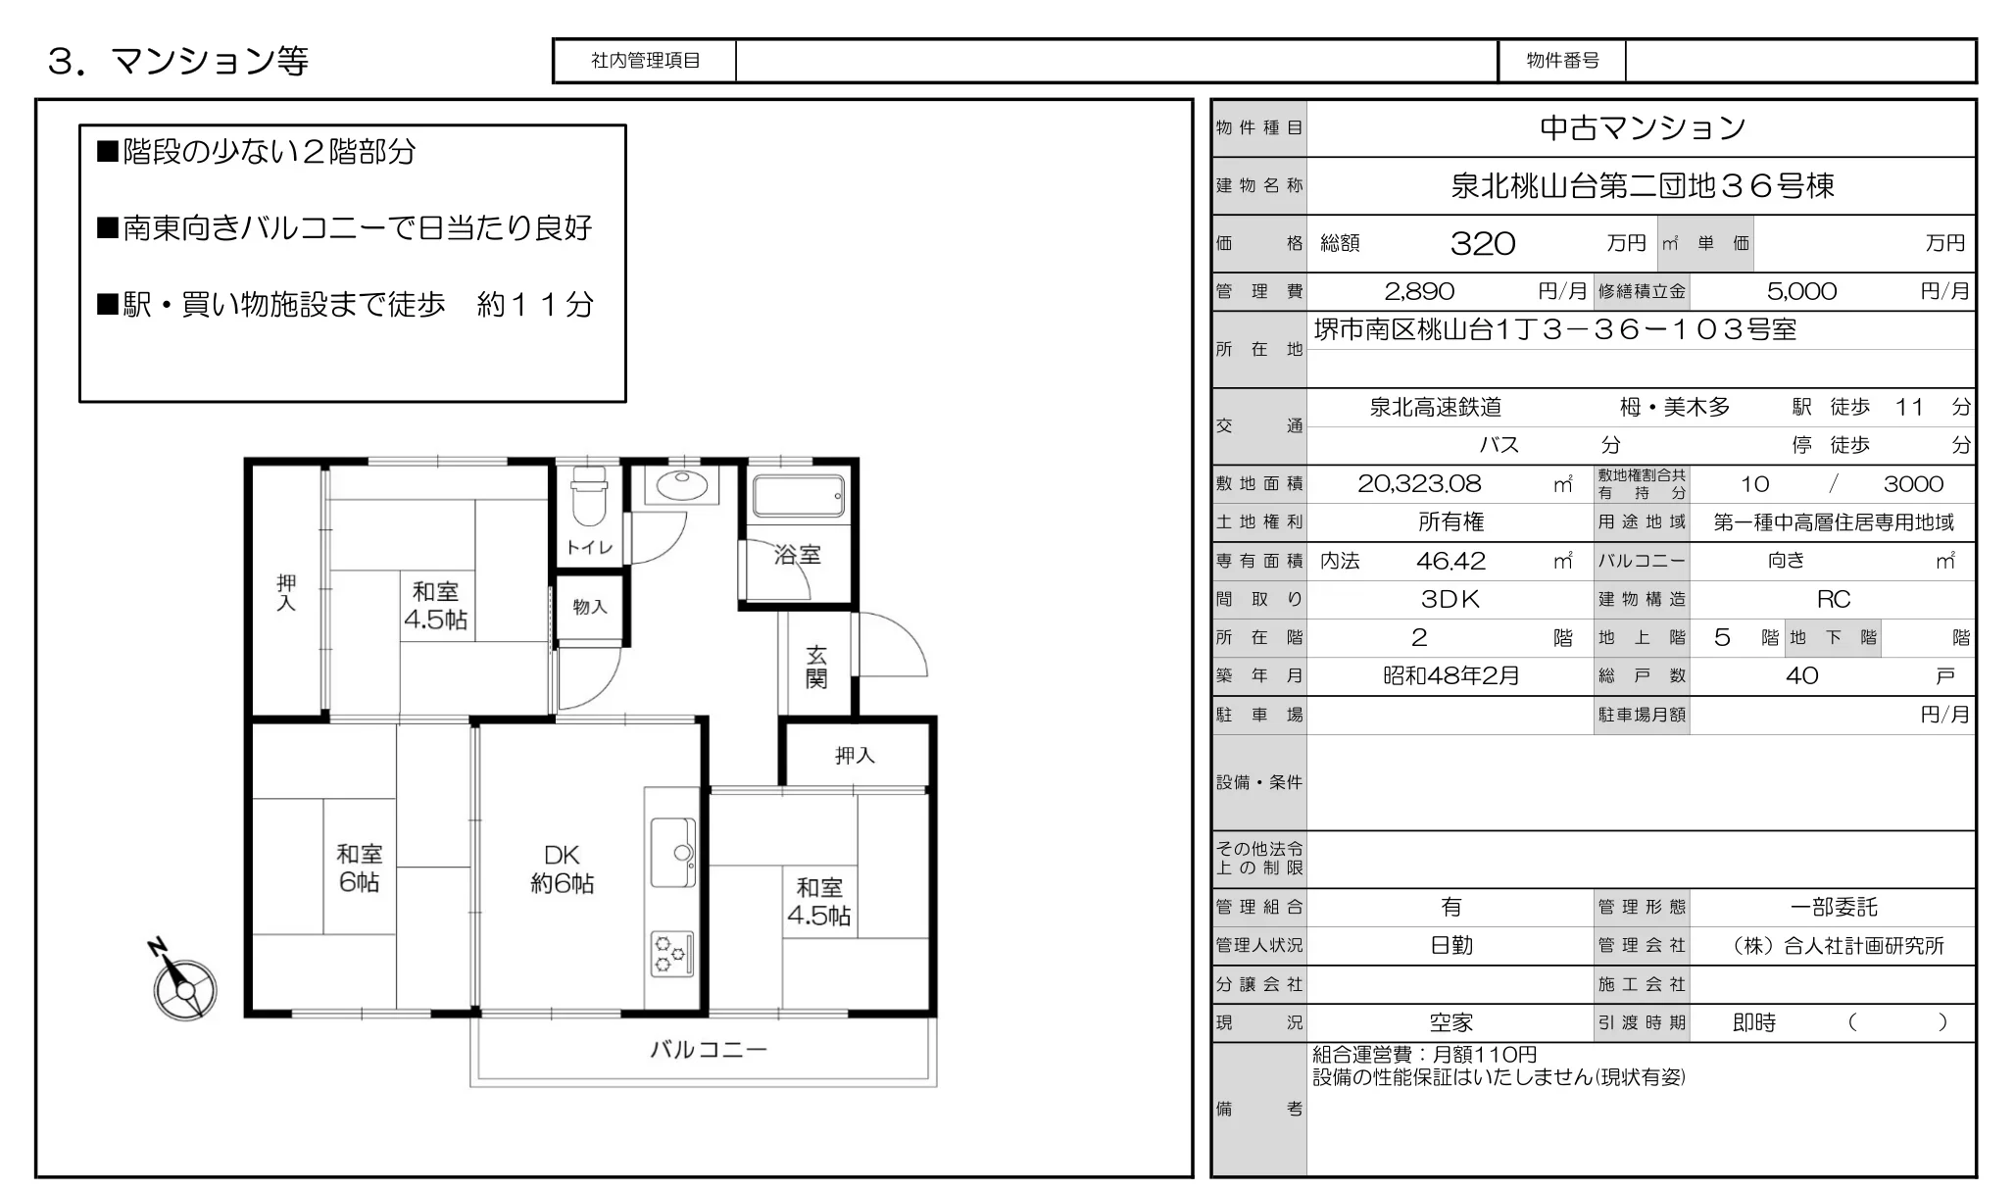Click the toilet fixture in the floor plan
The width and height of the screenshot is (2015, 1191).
589,495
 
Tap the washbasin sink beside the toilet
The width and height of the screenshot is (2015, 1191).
681,485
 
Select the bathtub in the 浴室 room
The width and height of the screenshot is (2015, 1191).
798,496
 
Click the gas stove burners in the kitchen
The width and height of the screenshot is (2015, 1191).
672,953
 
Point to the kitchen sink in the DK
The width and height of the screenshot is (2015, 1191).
673,853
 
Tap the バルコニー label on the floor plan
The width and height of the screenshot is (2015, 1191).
709,1050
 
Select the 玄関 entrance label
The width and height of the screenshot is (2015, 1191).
816,667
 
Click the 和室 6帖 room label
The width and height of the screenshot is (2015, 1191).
359,868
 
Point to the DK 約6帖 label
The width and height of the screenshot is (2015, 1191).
563,868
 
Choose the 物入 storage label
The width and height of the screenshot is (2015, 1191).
590,607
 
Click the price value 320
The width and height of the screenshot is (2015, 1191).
1483,243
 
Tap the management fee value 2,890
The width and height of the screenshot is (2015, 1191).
1419,291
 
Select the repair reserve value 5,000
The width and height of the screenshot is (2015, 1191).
1801,291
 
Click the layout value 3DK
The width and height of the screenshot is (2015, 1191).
1450,599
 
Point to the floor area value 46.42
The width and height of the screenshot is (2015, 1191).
1450,561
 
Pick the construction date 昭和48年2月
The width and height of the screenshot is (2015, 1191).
1451,675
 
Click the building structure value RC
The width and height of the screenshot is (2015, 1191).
1834,599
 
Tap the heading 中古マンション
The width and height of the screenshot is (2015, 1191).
1643,127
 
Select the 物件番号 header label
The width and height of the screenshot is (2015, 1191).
1562,61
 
